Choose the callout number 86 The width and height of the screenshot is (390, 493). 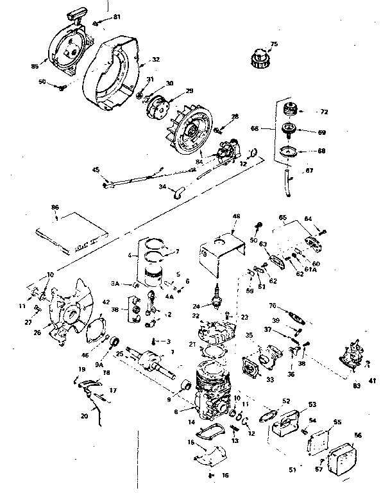tap(55, 209)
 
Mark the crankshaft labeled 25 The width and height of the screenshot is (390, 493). tap(154, 361)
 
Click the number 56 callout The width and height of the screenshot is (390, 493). tap(358, 435)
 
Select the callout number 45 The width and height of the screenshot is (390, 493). tap(96, 170)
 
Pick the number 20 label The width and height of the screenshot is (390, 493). tap(85, 416)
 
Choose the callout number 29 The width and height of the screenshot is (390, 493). tap(189, 91)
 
